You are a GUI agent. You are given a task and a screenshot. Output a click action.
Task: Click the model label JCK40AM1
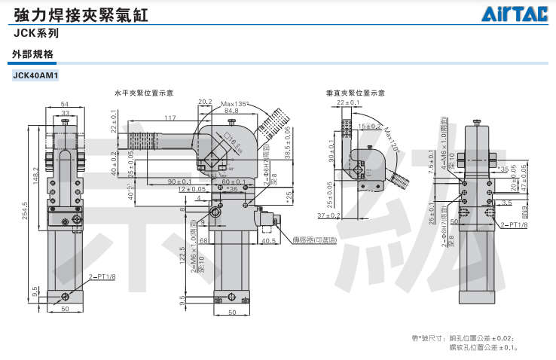pyautogui.click(x=36, y=75)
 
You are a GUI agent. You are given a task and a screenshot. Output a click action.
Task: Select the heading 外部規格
pyautogui.click(x=33, y=54)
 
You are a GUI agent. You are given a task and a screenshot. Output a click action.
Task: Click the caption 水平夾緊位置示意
pyautogui.click(x=143, y=93)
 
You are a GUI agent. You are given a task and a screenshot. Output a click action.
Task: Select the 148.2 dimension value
pyautogui.click(x=35, y=175)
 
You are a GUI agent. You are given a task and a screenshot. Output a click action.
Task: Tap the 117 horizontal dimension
pyautogui.click(x=170, y=118)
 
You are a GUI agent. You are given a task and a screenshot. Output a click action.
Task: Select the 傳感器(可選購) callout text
pyautogui.click(x=317, y=239)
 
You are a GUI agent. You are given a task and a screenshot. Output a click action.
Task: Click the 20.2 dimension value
pyautogui.click(x=204, y=102)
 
